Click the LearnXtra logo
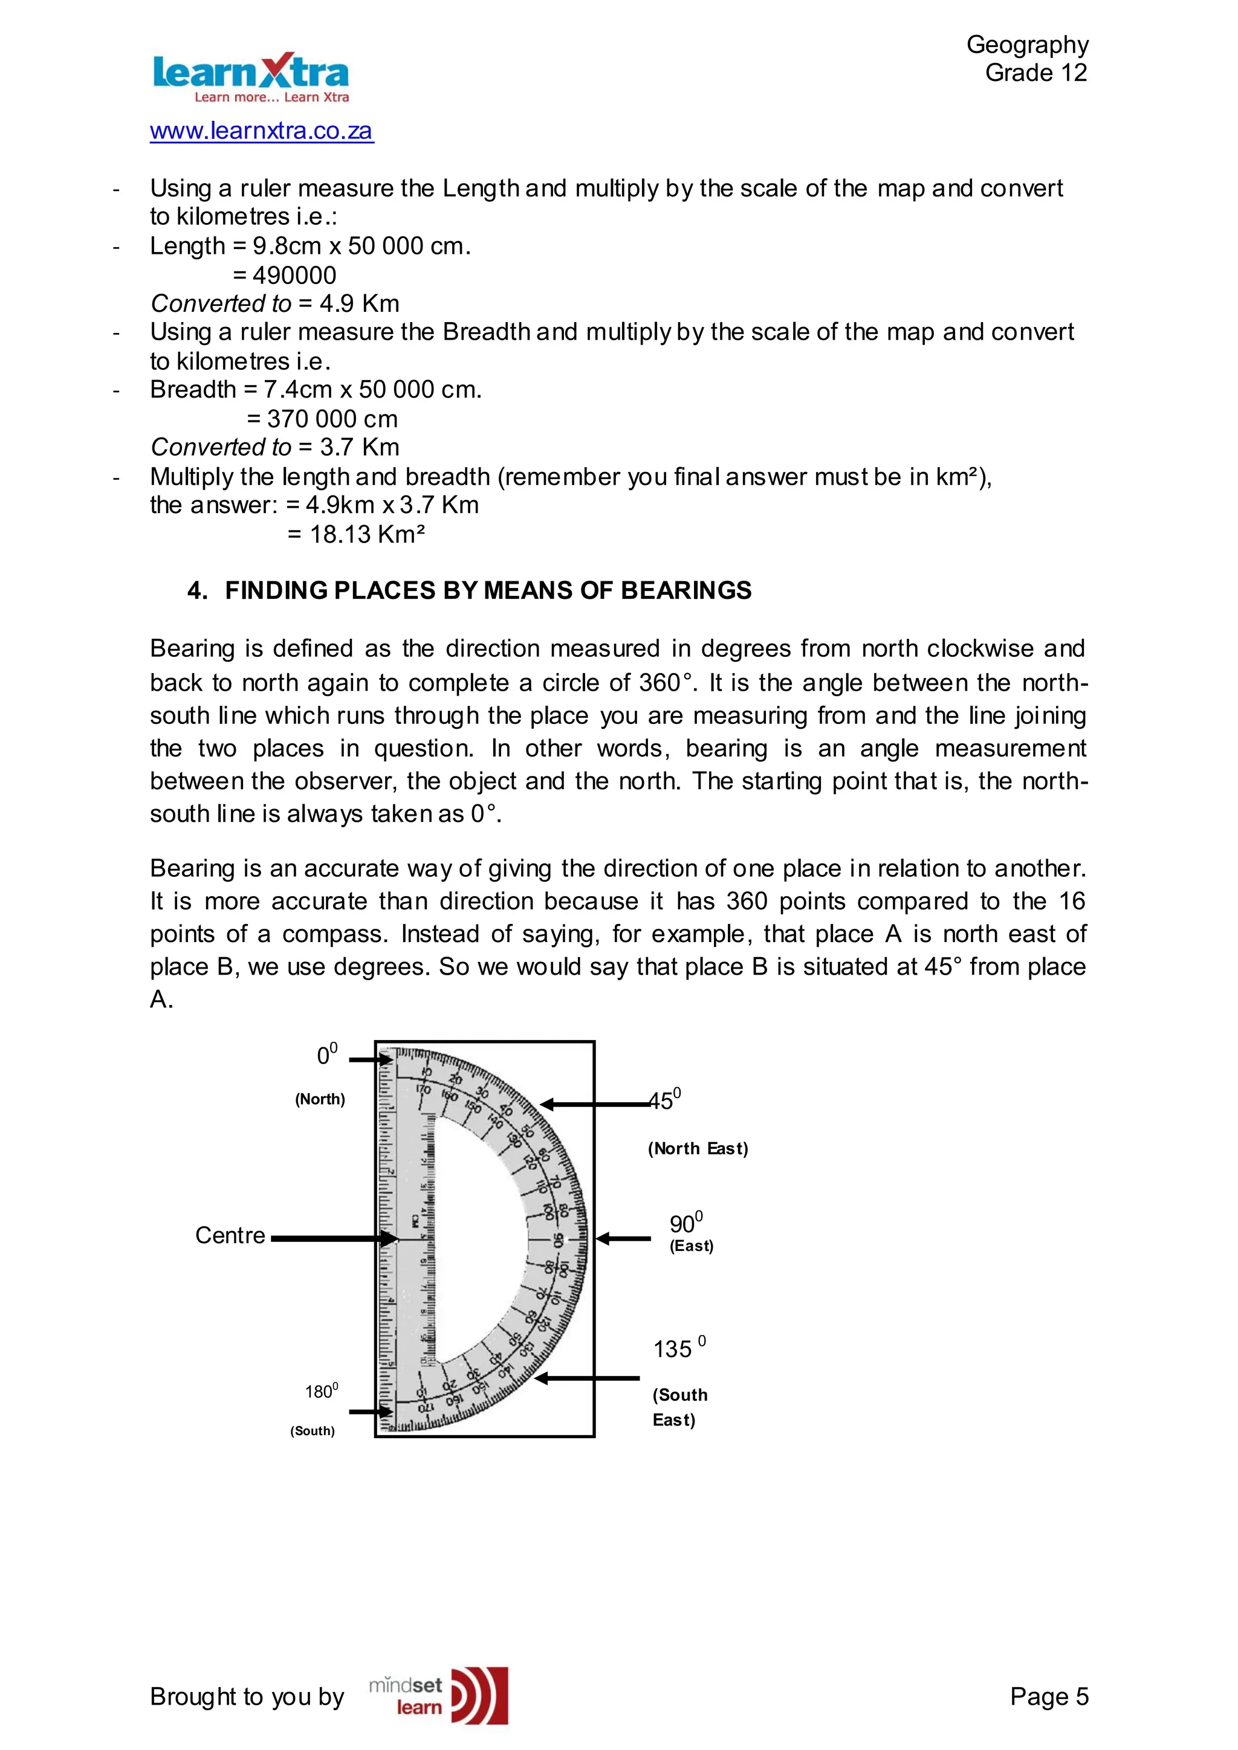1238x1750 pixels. pyautogui.click(x=251, y=77)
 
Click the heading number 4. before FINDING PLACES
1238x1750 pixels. pyautogui.click(x=198, y=591)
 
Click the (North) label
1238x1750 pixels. pyautogui.click(x=320, y=1099)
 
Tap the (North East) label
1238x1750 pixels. pyautogui.click(x=698, y=1149)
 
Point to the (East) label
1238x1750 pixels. pyautogui.click(x=692, y=1246)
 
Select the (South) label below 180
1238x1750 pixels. pyautogui.click(x=313, y=1431)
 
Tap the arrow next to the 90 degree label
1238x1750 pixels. pyautogui.click(x=623, y=1239)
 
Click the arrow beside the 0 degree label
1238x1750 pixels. pyautogui.click(x=371, y=1059)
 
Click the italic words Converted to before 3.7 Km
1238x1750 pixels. pyautogui.click(x=221, y=447)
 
